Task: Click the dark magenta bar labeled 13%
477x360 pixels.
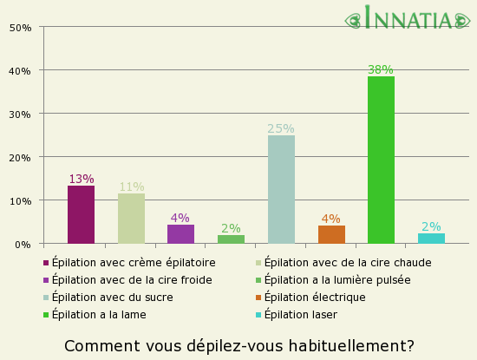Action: coord(81,214)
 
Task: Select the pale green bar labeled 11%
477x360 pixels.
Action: coord(131,219)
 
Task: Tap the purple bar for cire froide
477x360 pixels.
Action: coord(180,234)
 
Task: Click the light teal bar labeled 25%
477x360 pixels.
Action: coord(281,189)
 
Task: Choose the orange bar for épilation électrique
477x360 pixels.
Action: coord(331,234)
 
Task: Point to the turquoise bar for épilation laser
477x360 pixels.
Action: coord(431,239)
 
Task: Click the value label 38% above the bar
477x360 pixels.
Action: coord(381,69)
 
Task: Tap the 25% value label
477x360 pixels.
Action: coord(281,128)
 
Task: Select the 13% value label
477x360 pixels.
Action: coord(81,179)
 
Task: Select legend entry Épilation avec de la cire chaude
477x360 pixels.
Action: coord(347,262)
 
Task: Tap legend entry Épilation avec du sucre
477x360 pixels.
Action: coord(112,297)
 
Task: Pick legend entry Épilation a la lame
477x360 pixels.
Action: coord(99,314)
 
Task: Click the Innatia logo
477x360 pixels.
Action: coord(408,18)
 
